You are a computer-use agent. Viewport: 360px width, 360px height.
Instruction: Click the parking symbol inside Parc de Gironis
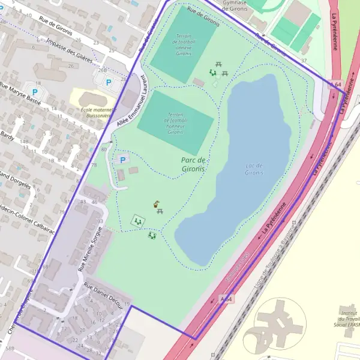click(x=123, y=160)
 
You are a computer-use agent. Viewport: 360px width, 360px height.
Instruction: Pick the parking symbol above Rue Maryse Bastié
click(x=34, y=92)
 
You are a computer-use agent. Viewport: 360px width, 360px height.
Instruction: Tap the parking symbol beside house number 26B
click(x=109, y=82)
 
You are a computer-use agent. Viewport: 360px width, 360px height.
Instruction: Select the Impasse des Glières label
click(x=68, y=51)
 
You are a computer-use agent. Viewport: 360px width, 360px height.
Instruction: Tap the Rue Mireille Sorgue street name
click(x=90, y=246)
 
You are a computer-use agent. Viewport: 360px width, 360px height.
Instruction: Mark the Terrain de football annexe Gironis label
click(x=183, y=44)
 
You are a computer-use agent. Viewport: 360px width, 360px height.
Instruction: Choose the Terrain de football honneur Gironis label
click(x=175, y=123)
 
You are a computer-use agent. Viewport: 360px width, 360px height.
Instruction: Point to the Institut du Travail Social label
click(x=347, y=320)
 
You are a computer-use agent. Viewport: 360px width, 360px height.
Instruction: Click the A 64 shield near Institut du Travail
click(x=226, y=298)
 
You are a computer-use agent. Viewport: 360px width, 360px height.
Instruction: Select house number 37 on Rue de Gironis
click(x=304, y=61)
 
